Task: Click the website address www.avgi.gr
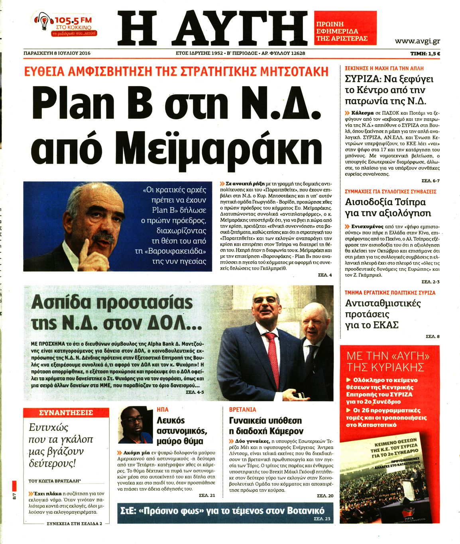[x=417, y=41]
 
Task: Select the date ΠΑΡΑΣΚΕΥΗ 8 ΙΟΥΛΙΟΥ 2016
[x=57, y=53]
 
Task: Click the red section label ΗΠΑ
[x=163, y=409]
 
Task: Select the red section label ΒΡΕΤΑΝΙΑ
[x=242, y=409]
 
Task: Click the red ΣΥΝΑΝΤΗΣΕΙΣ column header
[x=66, y=413]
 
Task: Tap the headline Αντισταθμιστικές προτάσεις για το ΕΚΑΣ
[x=383, y=314]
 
